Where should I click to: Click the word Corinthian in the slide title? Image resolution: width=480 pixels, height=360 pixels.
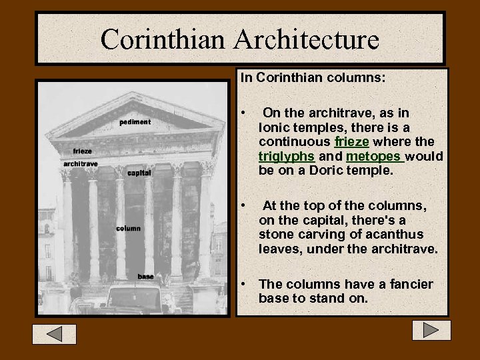point(163,39)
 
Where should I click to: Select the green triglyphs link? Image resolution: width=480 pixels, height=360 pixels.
point(287,157)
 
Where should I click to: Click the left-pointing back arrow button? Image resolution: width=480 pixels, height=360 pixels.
point(55,333)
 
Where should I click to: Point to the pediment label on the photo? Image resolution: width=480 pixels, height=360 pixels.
point(135,122)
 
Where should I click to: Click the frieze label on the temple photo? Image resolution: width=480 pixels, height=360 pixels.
point(83,151)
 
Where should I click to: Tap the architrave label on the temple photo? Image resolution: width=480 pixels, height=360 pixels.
point(81,164)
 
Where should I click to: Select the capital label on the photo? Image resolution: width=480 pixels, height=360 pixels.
point(139,173)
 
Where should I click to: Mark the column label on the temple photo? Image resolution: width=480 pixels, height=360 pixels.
point(128,228)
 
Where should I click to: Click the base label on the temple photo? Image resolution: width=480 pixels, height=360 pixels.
point(145,276)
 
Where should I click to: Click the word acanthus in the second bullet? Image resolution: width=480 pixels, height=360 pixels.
point(394,234)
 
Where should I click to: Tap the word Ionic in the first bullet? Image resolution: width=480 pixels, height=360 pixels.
point(273,127)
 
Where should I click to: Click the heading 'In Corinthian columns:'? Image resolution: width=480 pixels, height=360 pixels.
point(313,77)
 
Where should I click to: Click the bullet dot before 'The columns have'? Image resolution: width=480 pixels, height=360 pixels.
point(245,285)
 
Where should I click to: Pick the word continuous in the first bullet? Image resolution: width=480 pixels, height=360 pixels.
point(295,141)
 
